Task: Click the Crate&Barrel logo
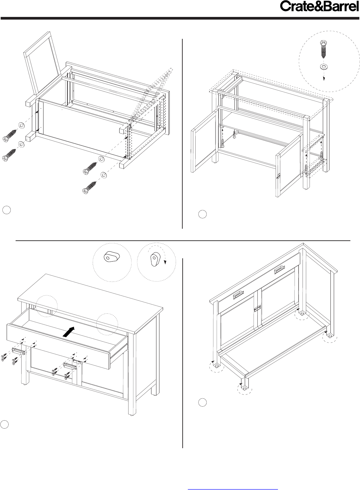coord(319,6)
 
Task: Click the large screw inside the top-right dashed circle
coord(323,49)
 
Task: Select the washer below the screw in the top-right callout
coord(322,66)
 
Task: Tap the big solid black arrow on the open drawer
coord(69,332)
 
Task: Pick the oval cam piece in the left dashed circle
coord(112,257)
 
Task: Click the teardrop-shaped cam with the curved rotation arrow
coord(156,259)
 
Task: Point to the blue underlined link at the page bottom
coord(233,489)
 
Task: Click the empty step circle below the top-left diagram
coord(7,210)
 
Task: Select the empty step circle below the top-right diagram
coord(203,214)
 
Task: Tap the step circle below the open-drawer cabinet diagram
coord(4,425)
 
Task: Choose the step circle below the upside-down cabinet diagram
coord(203,402)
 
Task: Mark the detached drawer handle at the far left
coord(19,351)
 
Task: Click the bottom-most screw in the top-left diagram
coord(89,187)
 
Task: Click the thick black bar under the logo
coord(180,18)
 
